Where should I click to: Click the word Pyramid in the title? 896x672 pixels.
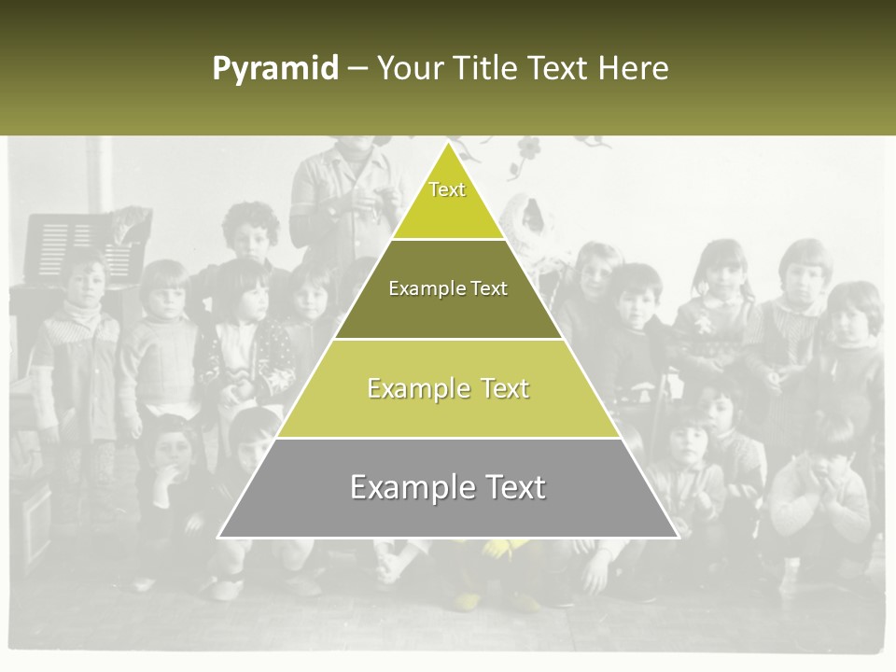(x=275, y=68)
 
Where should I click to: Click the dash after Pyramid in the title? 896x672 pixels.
(x=357, y=69)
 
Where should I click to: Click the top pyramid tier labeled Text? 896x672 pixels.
(x=447, y=198)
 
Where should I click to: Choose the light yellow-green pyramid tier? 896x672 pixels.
(x=448, y=388)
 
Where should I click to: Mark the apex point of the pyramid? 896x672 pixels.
(x=448, y=143)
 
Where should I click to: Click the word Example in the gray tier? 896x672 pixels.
(x=406, y=488)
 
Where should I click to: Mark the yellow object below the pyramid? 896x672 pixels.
(x=495, y=551)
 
